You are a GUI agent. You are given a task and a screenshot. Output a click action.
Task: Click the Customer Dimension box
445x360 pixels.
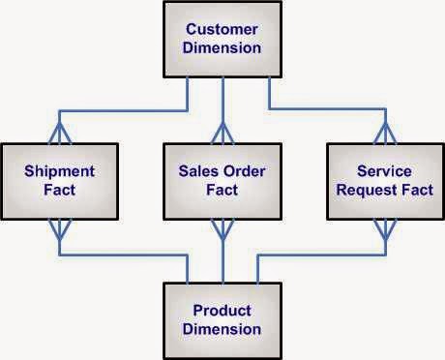(x=222, y=39)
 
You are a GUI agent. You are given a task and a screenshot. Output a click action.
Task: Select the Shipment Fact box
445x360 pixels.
(x=59, y=181)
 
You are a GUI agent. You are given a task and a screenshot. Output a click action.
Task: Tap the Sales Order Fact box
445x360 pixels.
(x=222, y=181)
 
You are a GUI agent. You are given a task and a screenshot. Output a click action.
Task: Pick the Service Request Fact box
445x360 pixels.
(x=384, y=181)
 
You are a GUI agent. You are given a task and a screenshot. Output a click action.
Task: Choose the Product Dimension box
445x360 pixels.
(x=222, y=320)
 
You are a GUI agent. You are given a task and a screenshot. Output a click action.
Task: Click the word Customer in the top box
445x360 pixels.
(x=222, y=29)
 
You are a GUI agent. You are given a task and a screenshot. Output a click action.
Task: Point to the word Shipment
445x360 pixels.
(x=59, y=172)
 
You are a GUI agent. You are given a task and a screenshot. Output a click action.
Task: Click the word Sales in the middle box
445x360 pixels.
(x=196, y=172)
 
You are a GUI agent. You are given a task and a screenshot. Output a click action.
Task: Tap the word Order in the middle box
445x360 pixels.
(x=242, y=172)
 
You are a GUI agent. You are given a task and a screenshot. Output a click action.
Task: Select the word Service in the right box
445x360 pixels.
(x=384, y=172)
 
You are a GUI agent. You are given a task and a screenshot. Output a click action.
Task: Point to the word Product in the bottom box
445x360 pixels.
(x=222, y=311)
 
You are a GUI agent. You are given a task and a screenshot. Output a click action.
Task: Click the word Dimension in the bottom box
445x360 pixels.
(x=222, y=329)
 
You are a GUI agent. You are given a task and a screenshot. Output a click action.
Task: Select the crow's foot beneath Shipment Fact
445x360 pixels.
(x=59, y=228)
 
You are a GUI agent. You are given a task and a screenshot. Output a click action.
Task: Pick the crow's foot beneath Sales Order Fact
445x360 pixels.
(x=222, y=228)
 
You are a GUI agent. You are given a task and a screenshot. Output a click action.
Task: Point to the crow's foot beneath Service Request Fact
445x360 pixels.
(x=384, y=228)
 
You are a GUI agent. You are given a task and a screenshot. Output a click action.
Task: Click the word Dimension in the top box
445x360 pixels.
(x=222, y=47)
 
